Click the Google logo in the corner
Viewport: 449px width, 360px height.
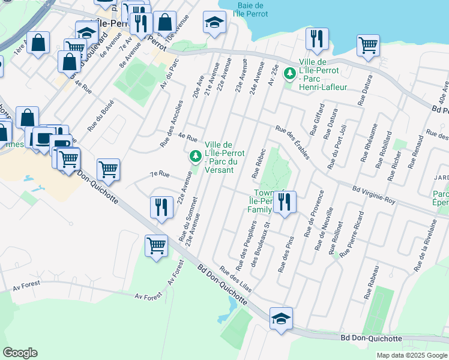(20, 353)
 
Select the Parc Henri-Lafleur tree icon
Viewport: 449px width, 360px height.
(290, 73)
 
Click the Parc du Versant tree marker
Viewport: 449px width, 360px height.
(195, 157)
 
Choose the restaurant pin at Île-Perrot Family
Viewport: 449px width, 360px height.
(284, 202)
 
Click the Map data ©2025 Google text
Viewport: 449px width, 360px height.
(412, 355)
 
